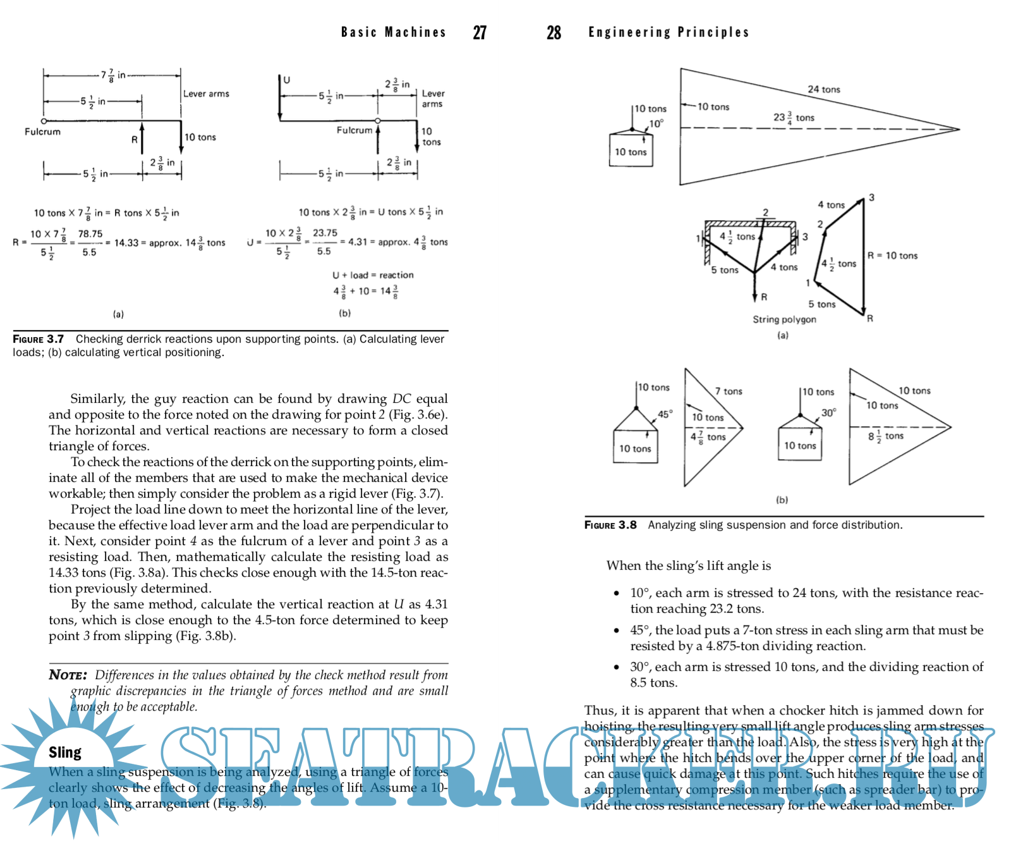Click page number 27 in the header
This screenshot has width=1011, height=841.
tap(480, 33)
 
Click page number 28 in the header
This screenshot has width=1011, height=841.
tap(554, 33)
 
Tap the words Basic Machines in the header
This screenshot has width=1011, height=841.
tap(393, 32)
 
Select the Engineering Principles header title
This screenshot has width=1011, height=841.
tap(669, 32)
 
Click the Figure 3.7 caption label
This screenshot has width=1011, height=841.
tap(38, 340)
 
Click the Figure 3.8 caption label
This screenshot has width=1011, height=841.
tap(610, 525)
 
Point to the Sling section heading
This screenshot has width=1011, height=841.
tap(65, 752)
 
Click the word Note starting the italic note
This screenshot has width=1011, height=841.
tap(68, 675)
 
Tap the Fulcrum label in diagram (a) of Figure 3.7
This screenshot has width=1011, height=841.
tap(42, 132)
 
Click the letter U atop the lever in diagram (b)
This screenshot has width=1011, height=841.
tap(286, 80)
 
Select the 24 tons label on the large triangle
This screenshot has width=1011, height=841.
tap(824, 90)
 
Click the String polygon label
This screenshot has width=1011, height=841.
tap(784, 320)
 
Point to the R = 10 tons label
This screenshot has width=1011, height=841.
tap(892, 255)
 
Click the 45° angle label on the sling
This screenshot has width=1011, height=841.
tap(665, 414)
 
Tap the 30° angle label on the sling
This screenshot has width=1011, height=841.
tap(829, 413)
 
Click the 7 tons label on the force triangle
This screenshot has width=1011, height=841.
tap(729, 391)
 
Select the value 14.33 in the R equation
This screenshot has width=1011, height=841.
tap(126, 243)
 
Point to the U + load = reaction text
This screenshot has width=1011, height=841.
tap(373, 275)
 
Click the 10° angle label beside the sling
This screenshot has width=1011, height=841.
tap(657, 124)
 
